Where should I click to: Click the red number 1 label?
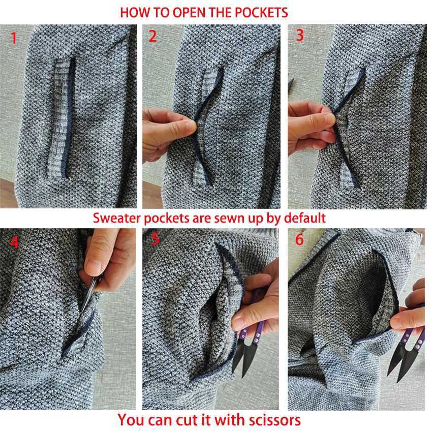14,38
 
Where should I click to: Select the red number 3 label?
300,35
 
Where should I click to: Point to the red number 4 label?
14,242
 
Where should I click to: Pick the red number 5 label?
156,239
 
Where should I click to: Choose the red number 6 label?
299,239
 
